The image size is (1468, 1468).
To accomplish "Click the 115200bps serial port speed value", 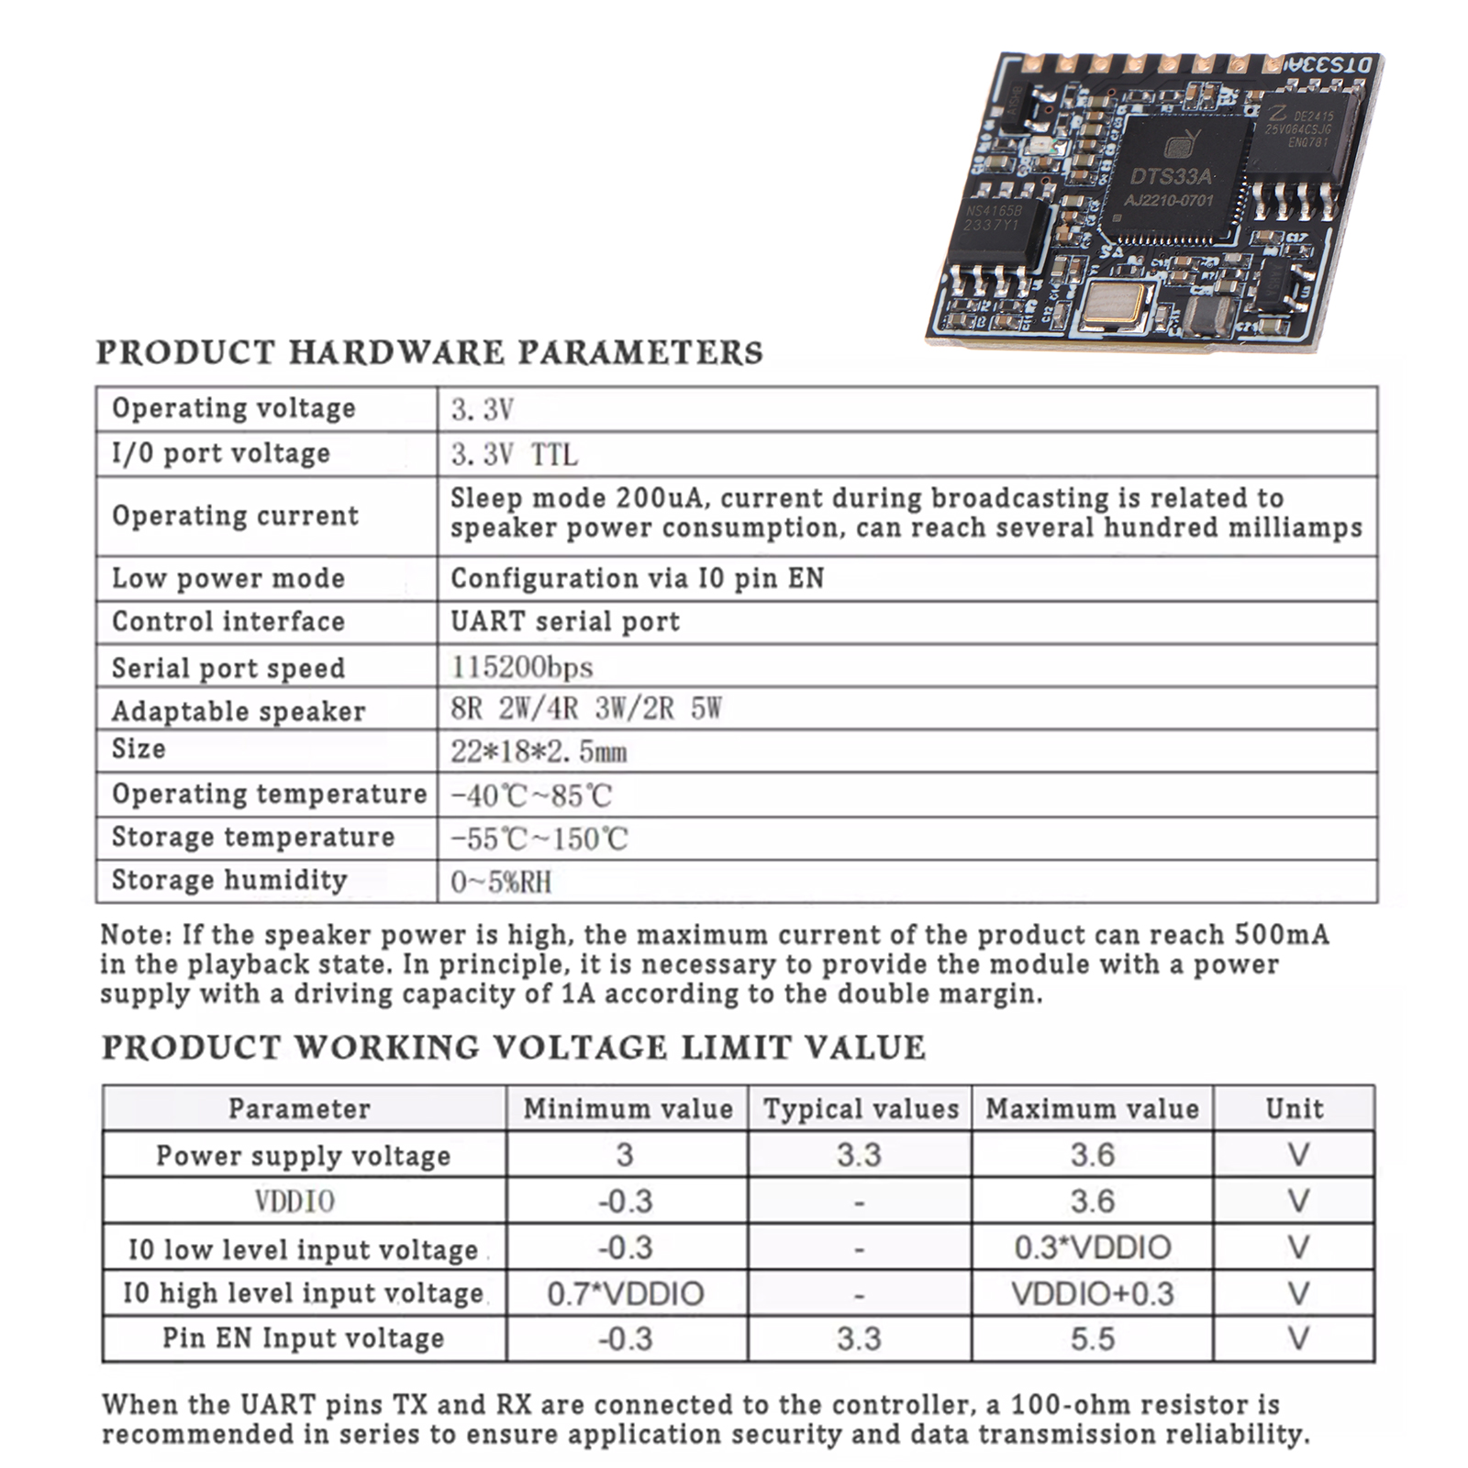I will click(521, 667).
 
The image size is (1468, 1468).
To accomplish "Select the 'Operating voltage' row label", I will click(233, 408).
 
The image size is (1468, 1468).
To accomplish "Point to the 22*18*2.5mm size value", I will click(539, 752).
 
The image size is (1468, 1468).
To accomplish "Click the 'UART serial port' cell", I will click(565, 622).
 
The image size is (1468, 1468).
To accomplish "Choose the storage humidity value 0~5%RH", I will click(501, 882).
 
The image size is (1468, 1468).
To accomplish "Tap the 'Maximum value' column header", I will click(1092, 1109).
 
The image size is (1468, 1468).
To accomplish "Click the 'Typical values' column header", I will click(860, 1109).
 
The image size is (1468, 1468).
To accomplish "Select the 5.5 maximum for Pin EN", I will click(1092, 1339).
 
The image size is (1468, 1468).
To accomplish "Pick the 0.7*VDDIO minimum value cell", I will click(626, 1294).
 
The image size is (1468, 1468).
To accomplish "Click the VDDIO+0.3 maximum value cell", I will click(1092, 1294).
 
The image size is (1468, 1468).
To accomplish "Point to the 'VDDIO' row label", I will click(295, 1201).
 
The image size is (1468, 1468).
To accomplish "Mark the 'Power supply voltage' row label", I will click(303, 1155).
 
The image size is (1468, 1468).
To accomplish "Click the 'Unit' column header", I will click(1294, 1109).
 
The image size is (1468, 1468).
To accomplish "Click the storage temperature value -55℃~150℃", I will click(539, 839).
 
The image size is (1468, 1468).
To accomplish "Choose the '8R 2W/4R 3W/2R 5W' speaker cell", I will click(585, 709).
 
